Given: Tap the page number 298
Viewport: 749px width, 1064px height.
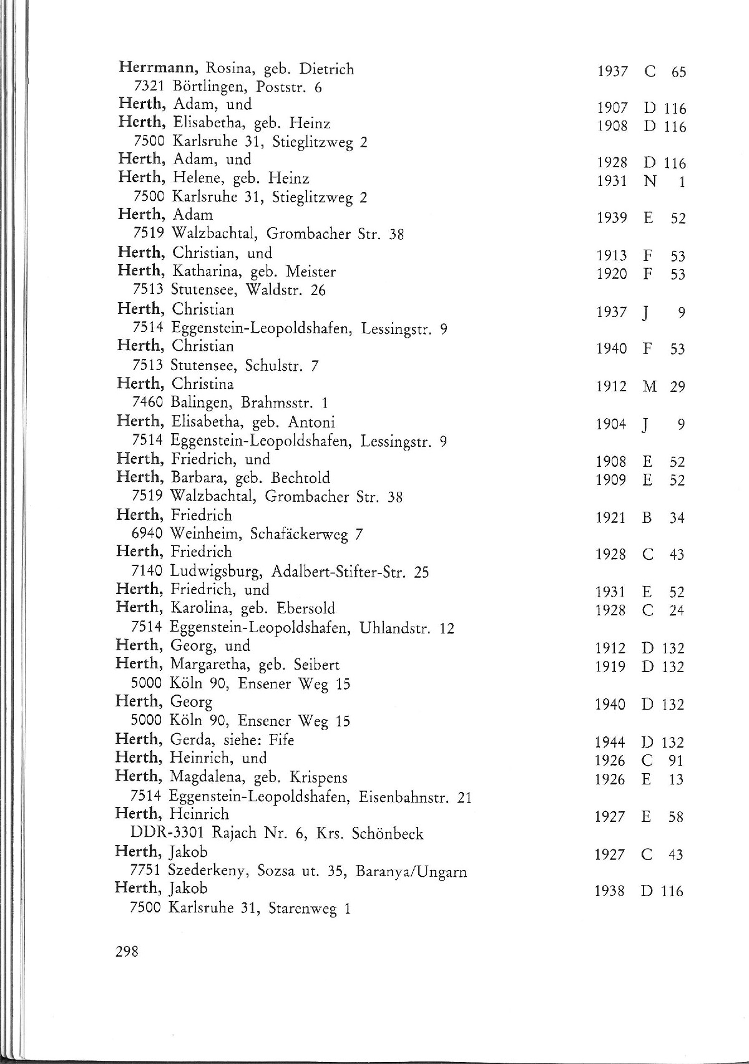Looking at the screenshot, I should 127,951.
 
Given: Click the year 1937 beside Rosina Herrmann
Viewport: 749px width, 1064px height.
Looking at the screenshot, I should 612,72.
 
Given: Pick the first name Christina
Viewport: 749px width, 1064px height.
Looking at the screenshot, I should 203,384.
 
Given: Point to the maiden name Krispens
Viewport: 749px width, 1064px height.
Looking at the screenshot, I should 318,778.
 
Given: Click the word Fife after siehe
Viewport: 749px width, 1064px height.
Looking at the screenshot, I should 281,740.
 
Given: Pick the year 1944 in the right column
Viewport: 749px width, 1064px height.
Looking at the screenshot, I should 610,743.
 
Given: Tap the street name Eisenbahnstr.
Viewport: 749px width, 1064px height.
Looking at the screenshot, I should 404,797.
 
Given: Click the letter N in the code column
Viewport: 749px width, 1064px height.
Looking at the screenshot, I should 650,182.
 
